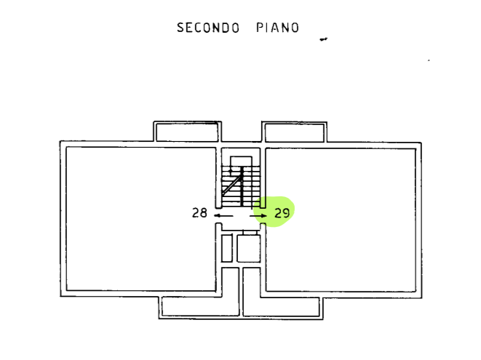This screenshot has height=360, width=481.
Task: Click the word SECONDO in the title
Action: click(x=208, y=28)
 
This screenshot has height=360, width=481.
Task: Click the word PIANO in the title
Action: click(x=277, y=28)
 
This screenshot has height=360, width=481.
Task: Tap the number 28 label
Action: click(x=199, y=213)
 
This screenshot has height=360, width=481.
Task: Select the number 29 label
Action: click(x=283, y=213)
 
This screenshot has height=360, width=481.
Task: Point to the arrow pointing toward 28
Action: click(x=223, y=215)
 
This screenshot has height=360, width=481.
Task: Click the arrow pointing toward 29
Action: click(x=260, y=215)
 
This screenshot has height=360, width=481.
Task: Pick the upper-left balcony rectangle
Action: click(x=186, y=132)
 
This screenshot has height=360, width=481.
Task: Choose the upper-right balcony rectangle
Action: click(x=295, y=132)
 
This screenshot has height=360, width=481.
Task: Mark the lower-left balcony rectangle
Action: click(x=199, y=307)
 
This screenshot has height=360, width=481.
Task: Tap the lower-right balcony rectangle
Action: click(x=282, y=307)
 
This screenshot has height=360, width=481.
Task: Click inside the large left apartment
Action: click(x=138, y=218)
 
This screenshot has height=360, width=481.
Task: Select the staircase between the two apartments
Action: click(x=241, y=182)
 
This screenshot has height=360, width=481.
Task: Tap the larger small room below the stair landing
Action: click(x=248, y=247)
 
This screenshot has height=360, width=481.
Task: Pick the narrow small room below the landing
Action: click(x=226, y=247)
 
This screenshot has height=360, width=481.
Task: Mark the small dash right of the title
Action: click(x=324, y=39)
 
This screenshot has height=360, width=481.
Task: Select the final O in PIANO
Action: click(x=294, y=28)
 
